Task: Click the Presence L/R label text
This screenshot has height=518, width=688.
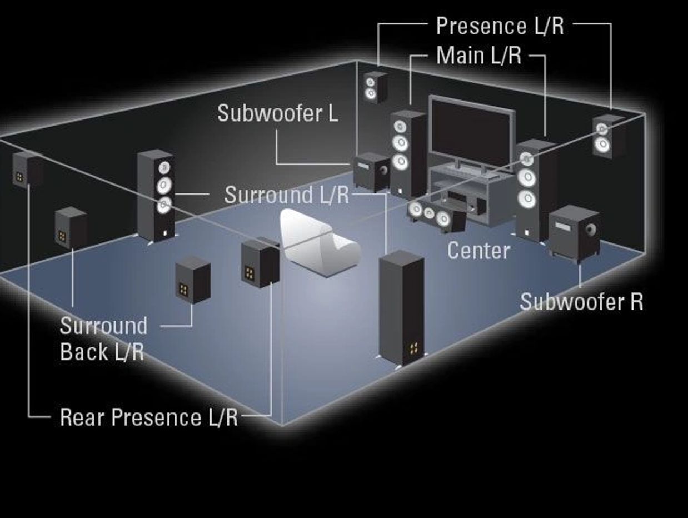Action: click(x=500, y=26)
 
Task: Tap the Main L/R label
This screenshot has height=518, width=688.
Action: click(x=478, y=56)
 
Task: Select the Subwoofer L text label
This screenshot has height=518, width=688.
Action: click(x=277, y=113)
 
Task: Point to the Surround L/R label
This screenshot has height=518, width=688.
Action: click(x=286, y=195)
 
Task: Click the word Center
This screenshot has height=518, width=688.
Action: click(x=478, y=251)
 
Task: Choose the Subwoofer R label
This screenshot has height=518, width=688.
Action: click(x=581, y=302)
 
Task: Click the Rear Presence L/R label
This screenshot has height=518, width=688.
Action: click(x=148, y=417)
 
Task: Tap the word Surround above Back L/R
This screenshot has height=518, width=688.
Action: click(x=103, y=326)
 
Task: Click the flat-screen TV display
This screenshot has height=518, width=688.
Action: click(x=472, y=132)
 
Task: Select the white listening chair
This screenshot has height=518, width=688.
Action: click(x=317, y=242)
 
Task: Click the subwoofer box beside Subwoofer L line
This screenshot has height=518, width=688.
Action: click(x=371, y=171)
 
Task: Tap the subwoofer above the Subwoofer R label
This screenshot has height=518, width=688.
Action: click(x=573, y=232)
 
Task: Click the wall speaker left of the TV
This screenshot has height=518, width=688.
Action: click(x=375, y=87)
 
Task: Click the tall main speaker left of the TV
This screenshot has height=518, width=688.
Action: click(x=407, y=152)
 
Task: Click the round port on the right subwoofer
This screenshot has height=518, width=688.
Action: click(x=591, y=229)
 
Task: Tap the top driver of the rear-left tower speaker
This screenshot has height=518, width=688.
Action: click(x=163, y=167)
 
